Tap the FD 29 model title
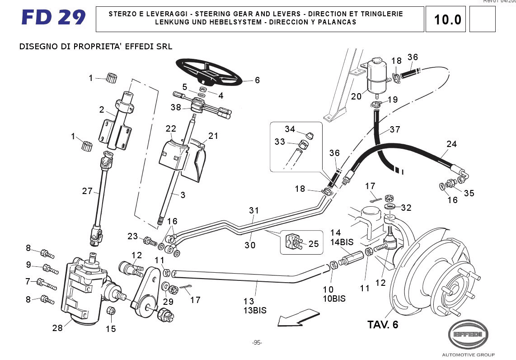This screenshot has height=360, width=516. (x=53, y=18)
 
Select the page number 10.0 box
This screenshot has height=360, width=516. (x=447, y=19)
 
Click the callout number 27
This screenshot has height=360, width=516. (x=87, y=191)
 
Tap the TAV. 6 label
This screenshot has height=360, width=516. (x=383, y=325)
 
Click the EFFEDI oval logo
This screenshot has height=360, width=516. (x=468, y=335)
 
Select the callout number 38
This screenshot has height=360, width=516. (x=176, y=108)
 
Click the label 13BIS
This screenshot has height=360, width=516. (x=255, y=311)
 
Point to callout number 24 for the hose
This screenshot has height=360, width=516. (x=451, y=144)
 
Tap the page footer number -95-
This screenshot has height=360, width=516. (x=257, y=342)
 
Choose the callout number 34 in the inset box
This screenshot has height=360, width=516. (x=290, y=129)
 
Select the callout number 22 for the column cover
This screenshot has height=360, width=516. (x=170, y=128)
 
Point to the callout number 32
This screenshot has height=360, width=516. (x=406, y=208)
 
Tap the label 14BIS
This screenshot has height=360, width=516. (x=342, y=242)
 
